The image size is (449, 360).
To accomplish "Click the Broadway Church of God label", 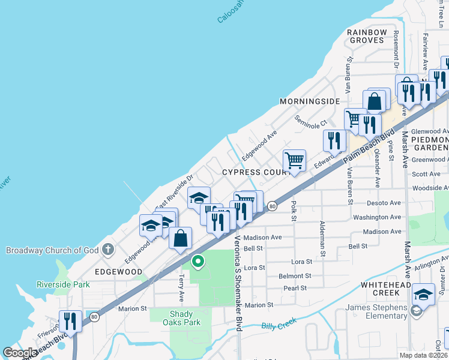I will click(x=53, y=250).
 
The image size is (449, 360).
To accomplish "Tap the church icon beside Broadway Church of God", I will click(x=107, y=249).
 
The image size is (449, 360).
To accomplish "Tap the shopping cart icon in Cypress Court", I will click(x=294, y=161).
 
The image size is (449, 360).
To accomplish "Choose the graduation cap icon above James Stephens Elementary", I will click(x=423, y=294).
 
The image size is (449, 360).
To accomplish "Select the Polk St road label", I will click(x=294, y=211).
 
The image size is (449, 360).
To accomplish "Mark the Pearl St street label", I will click(x=295, y=288).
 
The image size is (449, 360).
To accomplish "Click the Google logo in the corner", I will click(x=20, y=353).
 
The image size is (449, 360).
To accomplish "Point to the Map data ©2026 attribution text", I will click(x=422, y=355).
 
